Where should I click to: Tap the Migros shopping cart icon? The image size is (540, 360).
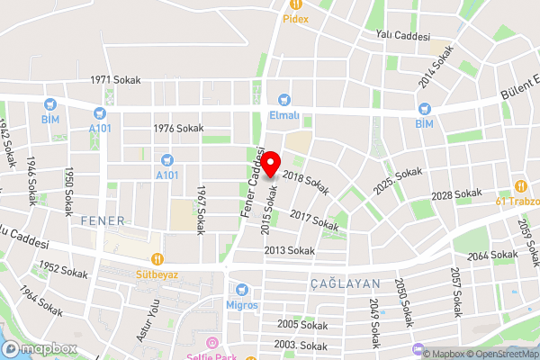240,290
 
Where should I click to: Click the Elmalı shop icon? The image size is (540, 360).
285,100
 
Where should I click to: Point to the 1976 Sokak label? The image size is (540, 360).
178,129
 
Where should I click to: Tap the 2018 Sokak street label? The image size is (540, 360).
306,183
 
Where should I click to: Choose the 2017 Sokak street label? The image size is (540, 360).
313,219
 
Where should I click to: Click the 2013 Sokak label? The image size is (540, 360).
289,250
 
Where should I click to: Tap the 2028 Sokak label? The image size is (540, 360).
456,194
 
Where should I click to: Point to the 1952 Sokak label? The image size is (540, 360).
62,268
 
